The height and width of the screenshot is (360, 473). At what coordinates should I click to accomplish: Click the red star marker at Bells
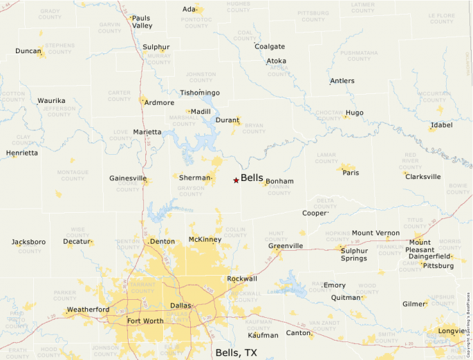click(236, 180)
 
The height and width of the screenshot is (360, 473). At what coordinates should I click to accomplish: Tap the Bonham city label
click(279, 182)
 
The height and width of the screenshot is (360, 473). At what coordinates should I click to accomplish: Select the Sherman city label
click(194, 178)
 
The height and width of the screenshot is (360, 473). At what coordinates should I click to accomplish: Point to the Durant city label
click(228, 120)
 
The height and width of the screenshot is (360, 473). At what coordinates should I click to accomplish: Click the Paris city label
click(351, 173)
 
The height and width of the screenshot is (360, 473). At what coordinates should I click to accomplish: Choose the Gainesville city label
click(128, 178)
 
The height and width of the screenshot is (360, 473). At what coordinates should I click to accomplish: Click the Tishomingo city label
click(200, 93)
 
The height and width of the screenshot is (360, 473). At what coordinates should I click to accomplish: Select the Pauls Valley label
click(142, 22)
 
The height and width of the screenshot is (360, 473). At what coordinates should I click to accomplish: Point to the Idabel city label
click(441, 126)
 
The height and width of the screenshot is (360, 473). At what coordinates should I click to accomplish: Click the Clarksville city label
click(423, 177)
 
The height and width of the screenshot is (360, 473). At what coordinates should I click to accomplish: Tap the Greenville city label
click(286, 246)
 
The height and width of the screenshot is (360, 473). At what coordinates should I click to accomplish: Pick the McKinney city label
click(205, 240)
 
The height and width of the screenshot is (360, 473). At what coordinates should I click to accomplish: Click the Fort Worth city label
click(145, 321)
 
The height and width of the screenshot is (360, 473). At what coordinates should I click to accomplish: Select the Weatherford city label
click(88, 310)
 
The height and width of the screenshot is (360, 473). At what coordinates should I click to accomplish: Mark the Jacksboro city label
click(28, 242)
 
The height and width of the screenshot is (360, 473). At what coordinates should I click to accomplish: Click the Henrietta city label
click(22, 153)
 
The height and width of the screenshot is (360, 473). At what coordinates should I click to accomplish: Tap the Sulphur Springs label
click(354, 255)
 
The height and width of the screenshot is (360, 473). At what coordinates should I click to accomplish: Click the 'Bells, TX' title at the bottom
click(236, 352)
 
